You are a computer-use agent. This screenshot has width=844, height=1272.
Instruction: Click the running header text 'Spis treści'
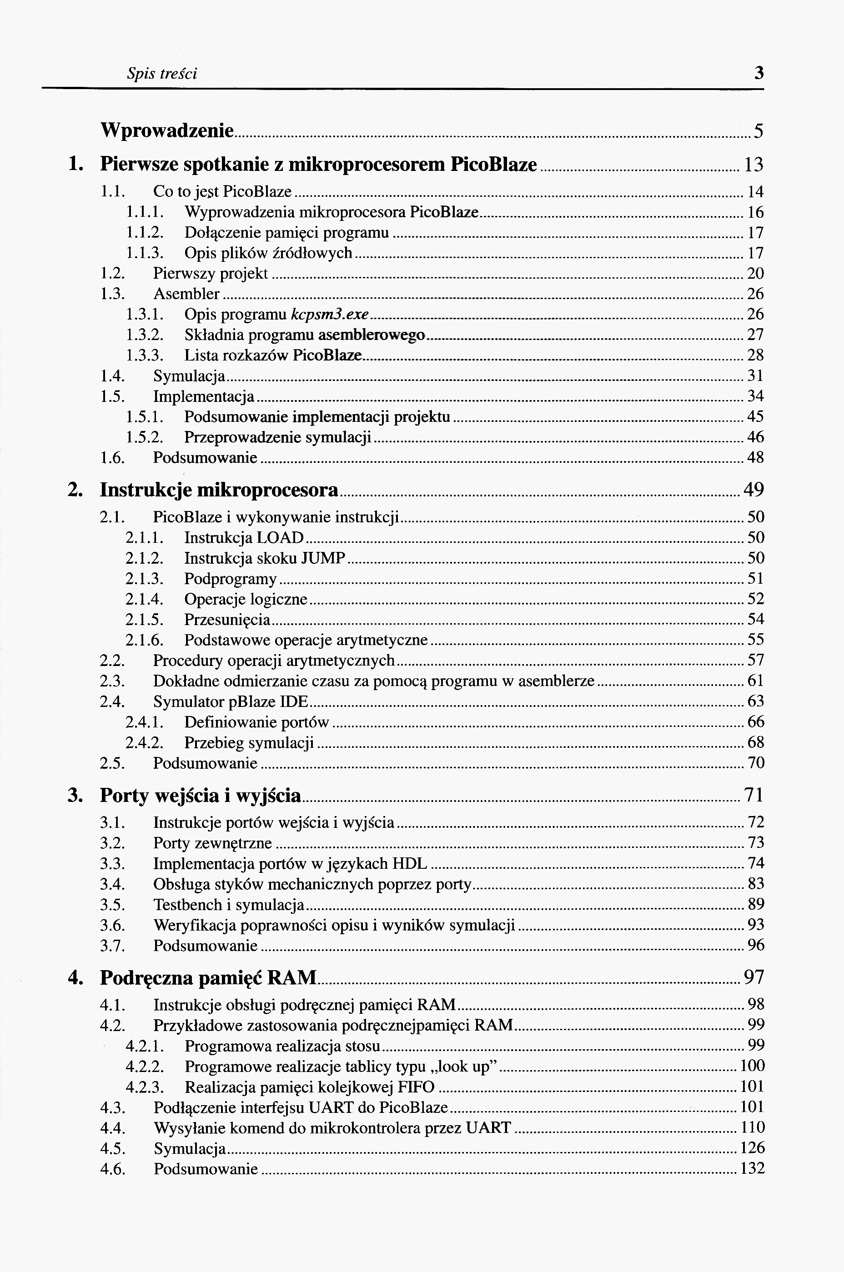click(x=161, y=73)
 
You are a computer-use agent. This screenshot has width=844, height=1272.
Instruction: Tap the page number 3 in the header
click(x=759, y=73)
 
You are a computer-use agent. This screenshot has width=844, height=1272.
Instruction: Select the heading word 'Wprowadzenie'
click(x=167, y=131)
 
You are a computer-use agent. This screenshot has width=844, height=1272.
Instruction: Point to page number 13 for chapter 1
click(x=753, y=165)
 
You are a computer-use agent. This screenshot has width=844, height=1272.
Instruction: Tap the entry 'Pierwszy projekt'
click(x=211, y=273)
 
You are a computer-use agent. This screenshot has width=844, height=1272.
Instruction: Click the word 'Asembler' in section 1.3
click(x=186, y=294)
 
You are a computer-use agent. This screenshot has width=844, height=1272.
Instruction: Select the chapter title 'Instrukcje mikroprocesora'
click(x=219, y=490)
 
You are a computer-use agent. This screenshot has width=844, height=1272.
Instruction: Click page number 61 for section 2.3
click(x=755, y=681)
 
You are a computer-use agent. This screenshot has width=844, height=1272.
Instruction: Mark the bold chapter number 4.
click(x=74, y=977)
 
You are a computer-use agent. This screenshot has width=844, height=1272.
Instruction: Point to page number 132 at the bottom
click(x=752, y=1169)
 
